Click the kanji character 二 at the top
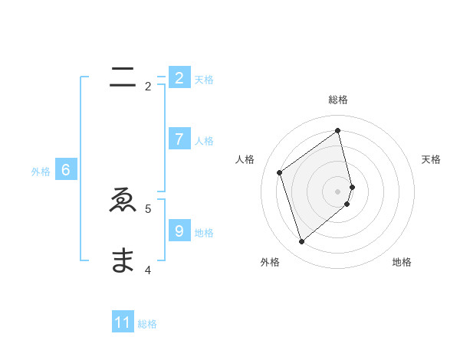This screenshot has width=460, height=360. (x=123, y=77)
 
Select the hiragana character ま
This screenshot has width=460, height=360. (x=123, y=261)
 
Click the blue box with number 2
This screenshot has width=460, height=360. (x=179, y=77)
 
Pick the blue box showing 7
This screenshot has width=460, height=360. (x=179, y=139)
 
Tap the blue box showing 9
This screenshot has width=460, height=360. (x=179, y=231)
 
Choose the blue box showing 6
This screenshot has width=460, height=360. (x=66, y=170)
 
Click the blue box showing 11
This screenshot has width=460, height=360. (x=123, y=322)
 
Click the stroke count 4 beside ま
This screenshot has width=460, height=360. (x=148, y=270)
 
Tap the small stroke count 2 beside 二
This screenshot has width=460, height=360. (x=148, y=87)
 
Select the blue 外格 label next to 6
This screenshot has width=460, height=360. (x=41, y=172)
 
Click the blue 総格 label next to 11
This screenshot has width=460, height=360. (x=147, y=324)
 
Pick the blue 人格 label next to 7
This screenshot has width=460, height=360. (x=204, y=141)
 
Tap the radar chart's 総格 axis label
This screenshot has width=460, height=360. (x=338, y=100)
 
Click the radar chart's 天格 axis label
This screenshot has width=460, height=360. (x=431, y=159)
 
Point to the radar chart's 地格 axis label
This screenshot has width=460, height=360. (x=402, y=262)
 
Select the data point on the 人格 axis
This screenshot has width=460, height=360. (x=280, y=172)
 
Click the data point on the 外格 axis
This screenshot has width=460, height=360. (x=302, y=242)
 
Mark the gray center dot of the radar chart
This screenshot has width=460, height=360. (x=338, y=191)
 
